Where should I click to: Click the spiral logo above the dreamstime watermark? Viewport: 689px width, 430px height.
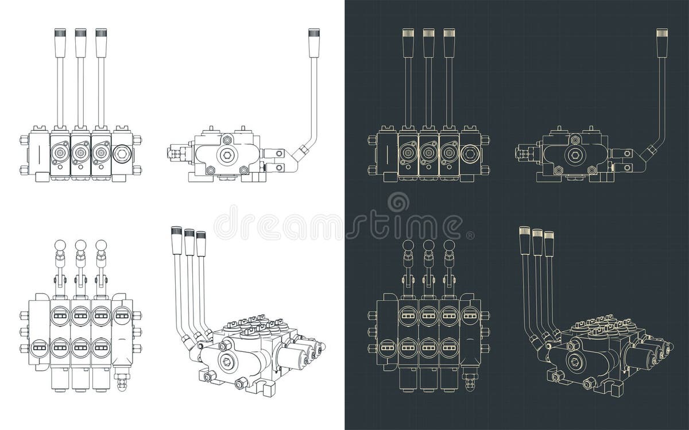(x=398, y=202)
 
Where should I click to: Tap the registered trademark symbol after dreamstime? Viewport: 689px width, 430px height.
(x=470, y=235)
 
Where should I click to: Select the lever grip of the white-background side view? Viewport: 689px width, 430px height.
(x=314, y=43)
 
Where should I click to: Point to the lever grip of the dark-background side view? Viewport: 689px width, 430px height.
(x=662, y=43)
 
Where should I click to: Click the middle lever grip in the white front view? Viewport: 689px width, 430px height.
(x=80, y=43)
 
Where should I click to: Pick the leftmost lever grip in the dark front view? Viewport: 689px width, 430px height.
(x=408, y=43)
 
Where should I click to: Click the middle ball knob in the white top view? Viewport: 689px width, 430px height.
(x=80, y=245)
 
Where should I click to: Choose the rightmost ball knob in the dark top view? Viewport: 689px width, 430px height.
(x=449, y=245)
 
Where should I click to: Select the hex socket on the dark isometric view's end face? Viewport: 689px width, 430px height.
(x=575, y=361)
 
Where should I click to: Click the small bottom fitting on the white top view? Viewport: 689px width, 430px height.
(x=121, y=382)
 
